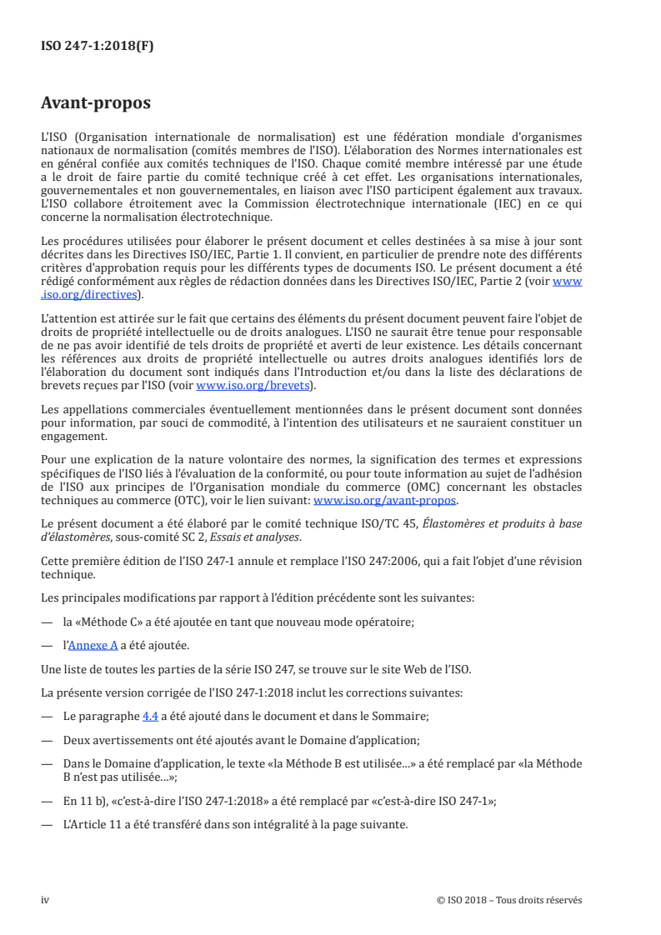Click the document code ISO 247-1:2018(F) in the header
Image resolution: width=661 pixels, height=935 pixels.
click(x=98, y=47)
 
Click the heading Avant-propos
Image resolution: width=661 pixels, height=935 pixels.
click(x=96, y=103)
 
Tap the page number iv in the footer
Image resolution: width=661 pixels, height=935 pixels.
click(x=46, y=899)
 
